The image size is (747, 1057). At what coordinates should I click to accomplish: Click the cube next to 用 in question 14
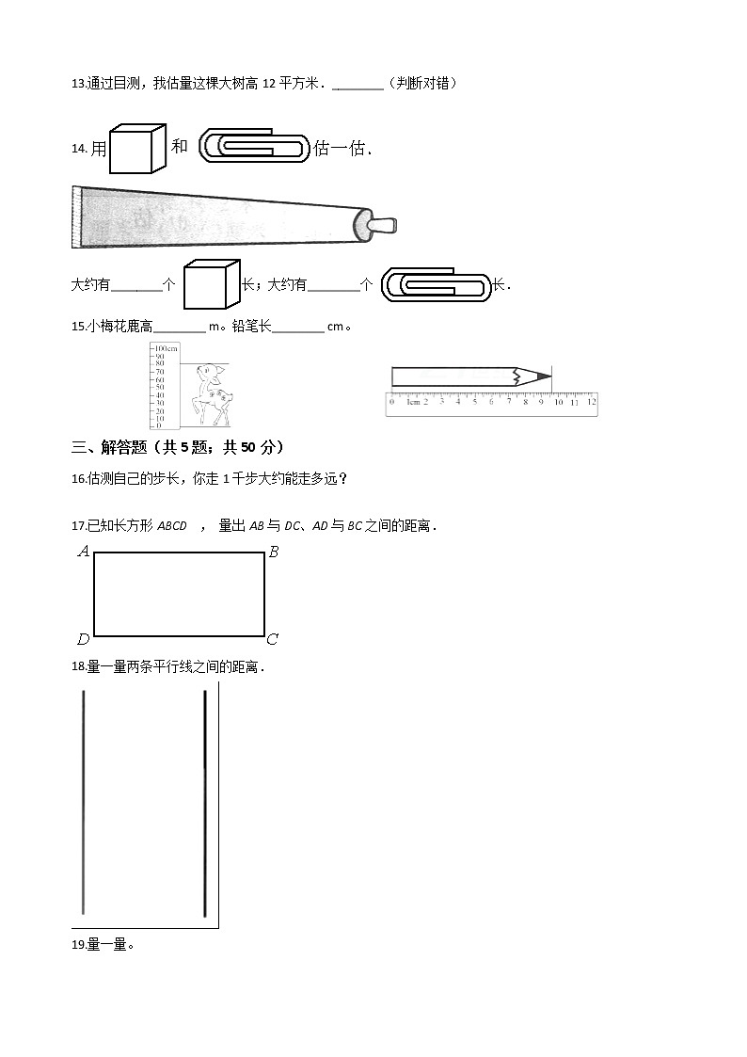pos(136,149)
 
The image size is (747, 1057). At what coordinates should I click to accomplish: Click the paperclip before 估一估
pos(254,147)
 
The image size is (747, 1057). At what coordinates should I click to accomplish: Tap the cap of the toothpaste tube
pos(385,226)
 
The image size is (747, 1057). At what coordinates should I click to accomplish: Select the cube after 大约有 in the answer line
pos(211,284)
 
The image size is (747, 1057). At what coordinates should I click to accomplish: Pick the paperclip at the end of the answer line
pos(436,284)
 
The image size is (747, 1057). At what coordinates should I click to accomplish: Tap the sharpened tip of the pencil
pos(545,376)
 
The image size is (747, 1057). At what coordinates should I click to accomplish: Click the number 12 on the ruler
pos(590,402)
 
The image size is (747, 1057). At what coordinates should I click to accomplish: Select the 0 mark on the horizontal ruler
pos(391,402)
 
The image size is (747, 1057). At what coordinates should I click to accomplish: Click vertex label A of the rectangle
pos(83,552)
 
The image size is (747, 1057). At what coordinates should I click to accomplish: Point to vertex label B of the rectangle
pos(274,553)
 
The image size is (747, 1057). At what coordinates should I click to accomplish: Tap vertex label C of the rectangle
pos(272,640)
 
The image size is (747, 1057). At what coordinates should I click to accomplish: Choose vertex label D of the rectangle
pos(83,640)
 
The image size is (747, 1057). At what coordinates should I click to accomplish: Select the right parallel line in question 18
pos(205,802)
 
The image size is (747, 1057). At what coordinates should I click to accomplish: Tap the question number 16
pos(78,478)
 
